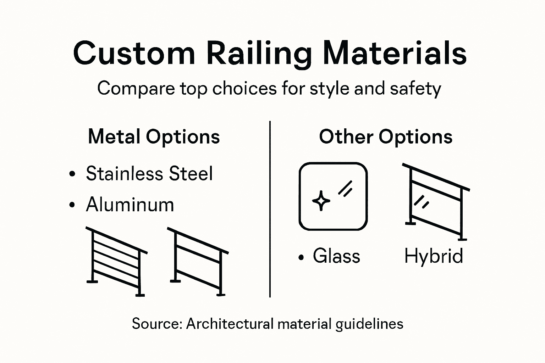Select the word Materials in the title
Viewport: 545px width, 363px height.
395,53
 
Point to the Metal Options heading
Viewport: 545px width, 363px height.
154,137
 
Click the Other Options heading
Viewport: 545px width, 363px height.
385,137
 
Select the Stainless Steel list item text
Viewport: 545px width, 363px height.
149,174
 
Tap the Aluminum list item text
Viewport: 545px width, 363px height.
130,205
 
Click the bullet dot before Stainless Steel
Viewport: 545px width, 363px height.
72,174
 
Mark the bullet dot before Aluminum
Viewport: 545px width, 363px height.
72,205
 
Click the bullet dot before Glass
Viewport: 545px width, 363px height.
301,257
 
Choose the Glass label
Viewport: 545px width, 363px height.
336,256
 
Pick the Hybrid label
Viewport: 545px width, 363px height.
433,256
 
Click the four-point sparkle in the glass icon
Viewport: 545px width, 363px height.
321,201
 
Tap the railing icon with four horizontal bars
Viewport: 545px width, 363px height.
117,262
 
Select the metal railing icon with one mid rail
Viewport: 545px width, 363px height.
198,262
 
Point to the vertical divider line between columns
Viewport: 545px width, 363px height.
270,209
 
